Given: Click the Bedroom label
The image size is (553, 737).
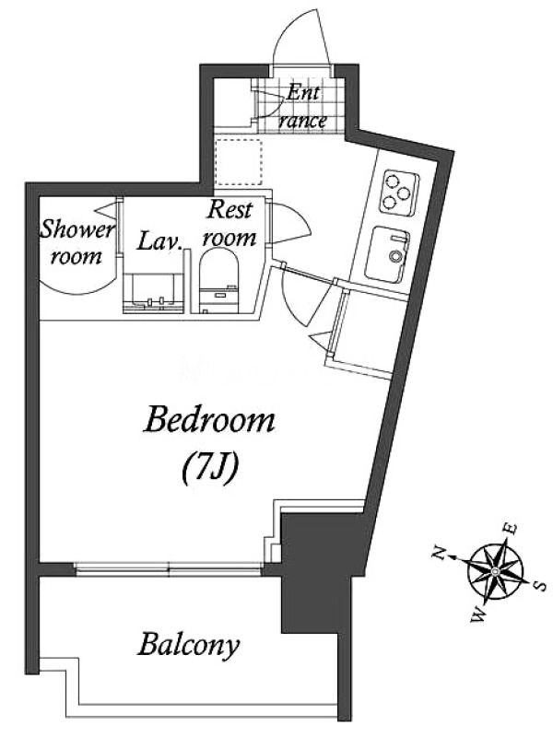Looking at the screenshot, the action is tap(210, 420).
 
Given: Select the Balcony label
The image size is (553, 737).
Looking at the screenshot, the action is tap(189, 646).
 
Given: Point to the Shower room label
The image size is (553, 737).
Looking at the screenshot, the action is tap(77, 243).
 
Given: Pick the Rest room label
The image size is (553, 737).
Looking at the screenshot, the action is tap(229, 224).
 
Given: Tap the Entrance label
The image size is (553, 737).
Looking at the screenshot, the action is tap(302, 107).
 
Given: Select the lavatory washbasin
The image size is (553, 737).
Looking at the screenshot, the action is tap(152, 293).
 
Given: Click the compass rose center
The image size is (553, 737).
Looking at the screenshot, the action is tap(496, 570).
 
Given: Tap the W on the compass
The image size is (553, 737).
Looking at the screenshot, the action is tap(478, 614).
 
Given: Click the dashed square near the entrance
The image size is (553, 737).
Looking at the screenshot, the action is tap(238, 162).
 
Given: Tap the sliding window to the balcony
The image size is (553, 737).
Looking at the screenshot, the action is tap(168, 568).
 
